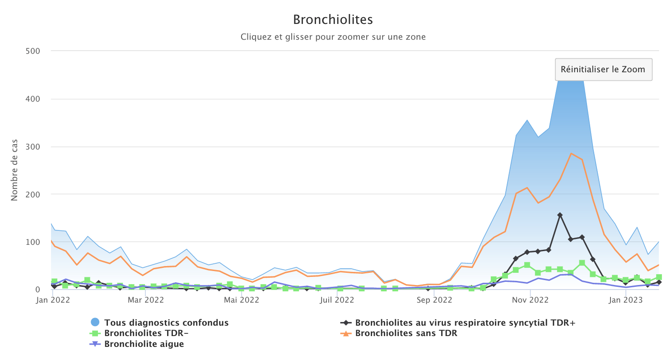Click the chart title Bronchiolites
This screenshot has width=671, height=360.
[333, 20]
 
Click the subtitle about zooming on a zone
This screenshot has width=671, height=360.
[333, 37]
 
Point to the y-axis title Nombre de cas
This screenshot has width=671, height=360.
[14, 170]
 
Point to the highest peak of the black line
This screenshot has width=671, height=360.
[560, 215]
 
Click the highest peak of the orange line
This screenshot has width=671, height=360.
[571, 153]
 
